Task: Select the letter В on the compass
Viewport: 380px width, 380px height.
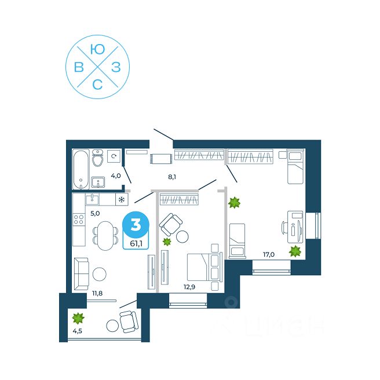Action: pyautogui.click(x=79, y=68)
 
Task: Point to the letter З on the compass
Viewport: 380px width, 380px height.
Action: pyautogui.click(x=115, y=67)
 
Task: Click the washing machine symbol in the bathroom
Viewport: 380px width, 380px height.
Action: pyautogui.click(x=114, y=156)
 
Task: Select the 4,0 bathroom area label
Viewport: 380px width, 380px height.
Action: pyautogui.click(x=116, y=176)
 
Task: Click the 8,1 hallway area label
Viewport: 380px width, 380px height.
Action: pyautogui.click(x=172, y=177)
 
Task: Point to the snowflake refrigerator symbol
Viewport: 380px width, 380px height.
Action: pyautogui.click(x=121, y=200)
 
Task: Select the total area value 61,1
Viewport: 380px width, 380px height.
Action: pyautogui.click(x=136, y=243)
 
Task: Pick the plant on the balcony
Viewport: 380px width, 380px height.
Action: pyautogui.click(x=78, y=317)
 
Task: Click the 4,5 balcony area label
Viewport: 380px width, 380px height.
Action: pyautogui.click(x=78, y=332)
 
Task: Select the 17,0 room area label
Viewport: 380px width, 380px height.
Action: pyautogui.click(x=268, y=253)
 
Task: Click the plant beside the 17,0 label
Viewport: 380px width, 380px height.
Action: pyautogui.click(x=295, y=251)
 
